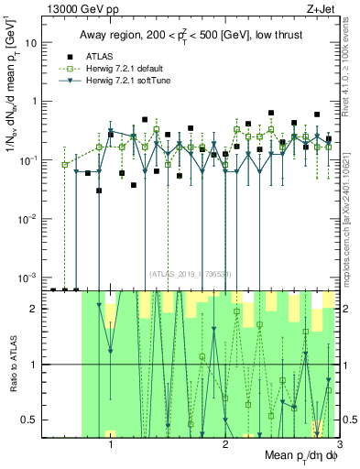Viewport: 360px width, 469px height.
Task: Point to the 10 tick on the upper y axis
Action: pyautogui.click(x=34, y=43)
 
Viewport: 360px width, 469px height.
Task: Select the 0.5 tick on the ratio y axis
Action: pyautogui.click(x=33, y=420)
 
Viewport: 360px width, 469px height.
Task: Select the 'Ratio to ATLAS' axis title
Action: pyautogui.click(x=12, y=364)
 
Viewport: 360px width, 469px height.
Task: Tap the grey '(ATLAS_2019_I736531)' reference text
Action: pyautogui.click(x=190, y=273)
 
